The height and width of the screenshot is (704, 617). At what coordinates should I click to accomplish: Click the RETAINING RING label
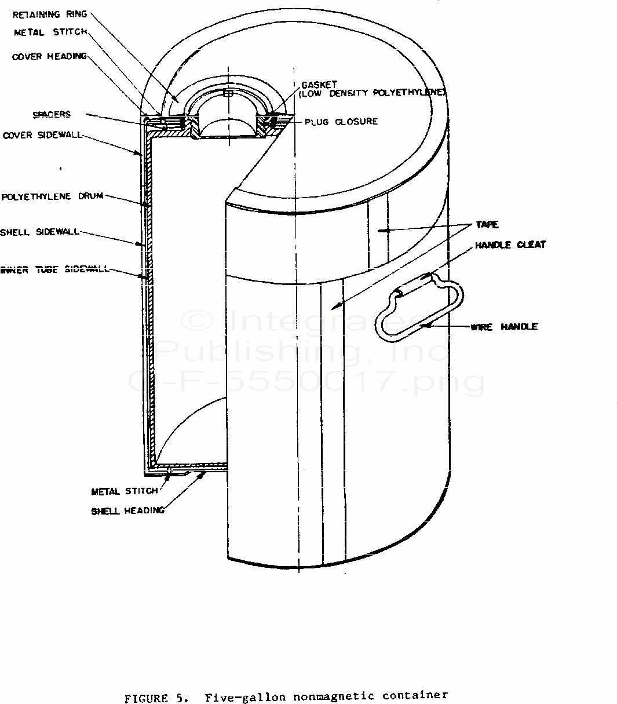tap(50, 14)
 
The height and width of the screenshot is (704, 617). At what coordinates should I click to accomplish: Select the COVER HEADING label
tap(49, 56)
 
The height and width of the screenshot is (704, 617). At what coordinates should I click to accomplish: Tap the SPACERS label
tap(52, 114)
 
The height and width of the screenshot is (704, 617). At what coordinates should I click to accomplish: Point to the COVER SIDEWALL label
tap(42, 135)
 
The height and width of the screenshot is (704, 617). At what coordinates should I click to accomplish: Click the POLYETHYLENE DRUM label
tap(53, 196)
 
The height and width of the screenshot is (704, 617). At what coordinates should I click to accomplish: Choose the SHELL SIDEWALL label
tap(39, 232)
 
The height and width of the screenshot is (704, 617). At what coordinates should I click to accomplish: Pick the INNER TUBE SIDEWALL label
tap(55, 269)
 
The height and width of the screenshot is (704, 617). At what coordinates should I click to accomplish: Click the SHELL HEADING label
tap(127, 511)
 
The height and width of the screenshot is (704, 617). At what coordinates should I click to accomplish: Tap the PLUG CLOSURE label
tap(341, 122)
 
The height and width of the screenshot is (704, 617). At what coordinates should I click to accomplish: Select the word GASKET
tap(319, 85)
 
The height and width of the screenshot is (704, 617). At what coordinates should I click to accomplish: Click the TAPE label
tap(487, 224)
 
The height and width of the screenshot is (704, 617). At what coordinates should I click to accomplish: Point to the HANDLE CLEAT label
tap(510, 245)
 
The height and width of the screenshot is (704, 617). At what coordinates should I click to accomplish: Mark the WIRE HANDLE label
tap(504, 327)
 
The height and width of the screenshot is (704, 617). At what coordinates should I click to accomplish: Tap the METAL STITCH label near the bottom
tap(125, 491)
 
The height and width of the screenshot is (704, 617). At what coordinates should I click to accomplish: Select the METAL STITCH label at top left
tap(51, 32)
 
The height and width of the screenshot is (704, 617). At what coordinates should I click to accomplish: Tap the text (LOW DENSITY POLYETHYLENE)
tap(372, 93)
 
